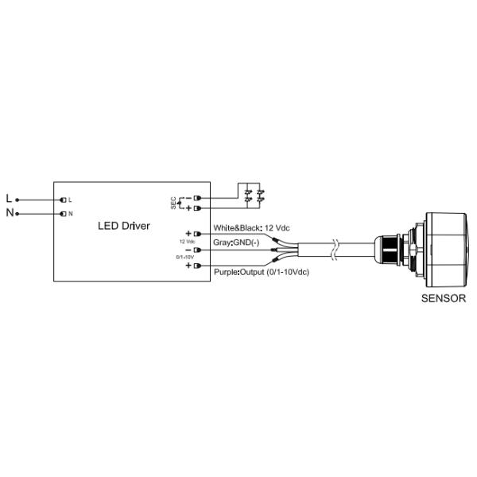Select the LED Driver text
click(123, 227)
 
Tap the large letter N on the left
click(9, 213)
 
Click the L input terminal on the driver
click(62, 199)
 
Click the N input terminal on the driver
click(62, 213)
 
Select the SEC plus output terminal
click(196, 207)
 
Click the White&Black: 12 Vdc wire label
click(249, 228)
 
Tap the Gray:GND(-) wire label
click(237, 242)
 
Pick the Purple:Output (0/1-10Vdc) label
click(261, 272)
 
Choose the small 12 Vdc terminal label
click(187, 241)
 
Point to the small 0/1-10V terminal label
click(186, 257)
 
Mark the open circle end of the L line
click(17, 199)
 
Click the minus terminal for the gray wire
click(196, 249)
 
